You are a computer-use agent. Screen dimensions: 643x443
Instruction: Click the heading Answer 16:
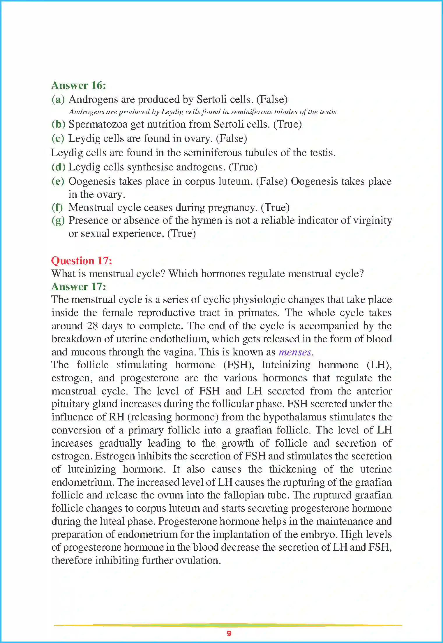click(79, 85)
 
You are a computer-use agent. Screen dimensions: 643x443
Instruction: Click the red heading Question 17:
click(82, 260)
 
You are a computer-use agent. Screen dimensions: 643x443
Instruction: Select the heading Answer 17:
click(79, 287)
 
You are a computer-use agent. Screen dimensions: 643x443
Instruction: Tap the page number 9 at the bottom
click(229, 633)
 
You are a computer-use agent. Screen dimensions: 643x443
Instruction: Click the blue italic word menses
click(295, 352)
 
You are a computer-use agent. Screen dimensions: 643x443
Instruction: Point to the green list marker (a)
click(58, 100)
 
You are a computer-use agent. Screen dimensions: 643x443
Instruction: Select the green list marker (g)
click(58, 221)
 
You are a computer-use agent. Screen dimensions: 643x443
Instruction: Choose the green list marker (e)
click(58, 182)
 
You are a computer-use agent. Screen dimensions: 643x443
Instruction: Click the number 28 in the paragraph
click(92, 326)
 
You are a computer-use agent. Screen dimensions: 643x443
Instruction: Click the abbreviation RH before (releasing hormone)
click(117, 417)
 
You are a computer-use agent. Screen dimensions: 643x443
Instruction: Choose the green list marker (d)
click(58, 167)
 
